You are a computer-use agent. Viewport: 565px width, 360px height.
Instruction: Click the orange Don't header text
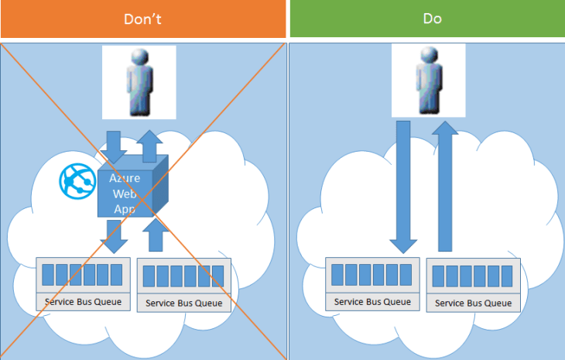coord(143,19)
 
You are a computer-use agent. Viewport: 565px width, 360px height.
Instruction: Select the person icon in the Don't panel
coord(139,81)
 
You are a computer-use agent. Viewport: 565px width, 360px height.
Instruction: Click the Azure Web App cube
coord(128,190)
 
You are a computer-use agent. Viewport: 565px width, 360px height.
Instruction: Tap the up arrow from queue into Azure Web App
coord(157,235)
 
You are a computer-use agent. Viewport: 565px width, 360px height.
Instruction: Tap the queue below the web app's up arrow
coord(183,285)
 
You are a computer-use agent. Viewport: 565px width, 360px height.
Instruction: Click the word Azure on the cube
coord(125,178)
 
